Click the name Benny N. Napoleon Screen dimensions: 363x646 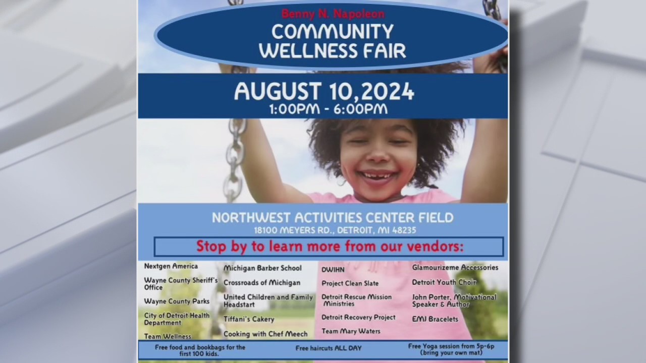point(333,14)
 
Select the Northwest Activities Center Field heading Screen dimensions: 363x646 point(333,218)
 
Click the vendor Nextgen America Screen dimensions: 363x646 point(171,266)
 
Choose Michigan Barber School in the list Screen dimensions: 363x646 point(262,268)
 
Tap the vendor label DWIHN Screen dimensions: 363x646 point(333,270)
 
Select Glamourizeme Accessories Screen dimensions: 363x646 point(455,268)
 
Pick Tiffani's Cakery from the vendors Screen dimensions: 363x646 point(249,319)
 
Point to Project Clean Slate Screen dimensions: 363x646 point(350,283)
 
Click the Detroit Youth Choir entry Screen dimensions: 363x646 point(444,282)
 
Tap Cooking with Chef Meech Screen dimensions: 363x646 point(265,334)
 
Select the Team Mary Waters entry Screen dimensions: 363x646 point(351,331)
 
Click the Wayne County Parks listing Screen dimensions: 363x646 point(170,301)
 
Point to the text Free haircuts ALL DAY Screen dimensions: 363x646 point(328,348)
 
